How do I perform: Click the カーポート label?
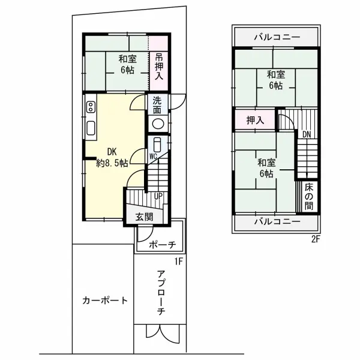coord(105,301)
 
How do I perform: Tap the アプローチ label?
coord(161,293)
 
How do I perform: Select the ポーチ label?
coord(161,245)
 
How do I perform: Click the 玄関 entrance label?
coord(143,217)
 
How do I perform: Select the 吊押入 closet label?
coord(159,67)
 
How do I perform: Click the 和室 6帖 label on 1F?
coord(127,64)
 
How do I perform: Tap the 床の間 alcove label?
coord(308,196)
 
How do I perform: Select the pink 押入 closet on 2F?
coord(255,121)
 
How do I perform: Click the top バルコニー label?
coord(276,37)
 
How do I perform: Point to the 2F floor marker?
coord(316,238)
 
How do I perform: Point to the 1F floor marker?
coord(178,261)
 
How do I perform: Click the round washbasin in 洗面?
coord(158,124)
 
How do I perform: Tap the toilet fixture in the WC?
coord(157,145)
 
